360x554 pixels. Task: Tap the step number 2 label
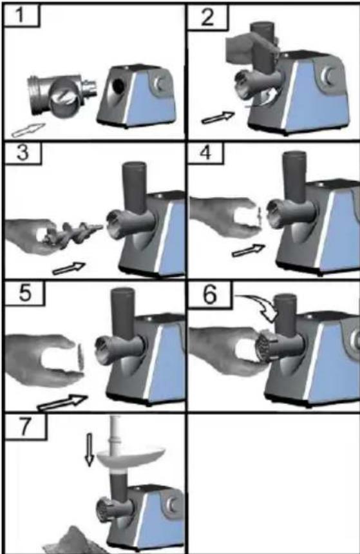(207, 17)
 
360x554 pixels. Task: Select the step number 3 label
(23, 153)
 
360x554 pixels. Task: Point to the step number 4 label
(205, 152)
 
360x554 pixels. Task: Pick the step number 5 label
(24, 292)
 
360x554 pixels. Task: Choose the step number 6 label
(210, 294)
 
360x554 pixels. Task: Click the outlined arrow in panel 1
(28, 129)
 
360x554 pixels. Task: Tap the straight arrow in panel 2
(218, 117)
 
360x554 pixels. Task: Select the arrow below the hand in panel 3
(69, 268)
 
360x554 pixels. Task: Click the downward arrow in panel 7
(90, 450)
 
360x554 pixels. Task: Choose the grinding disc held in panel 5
(81, 356)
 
